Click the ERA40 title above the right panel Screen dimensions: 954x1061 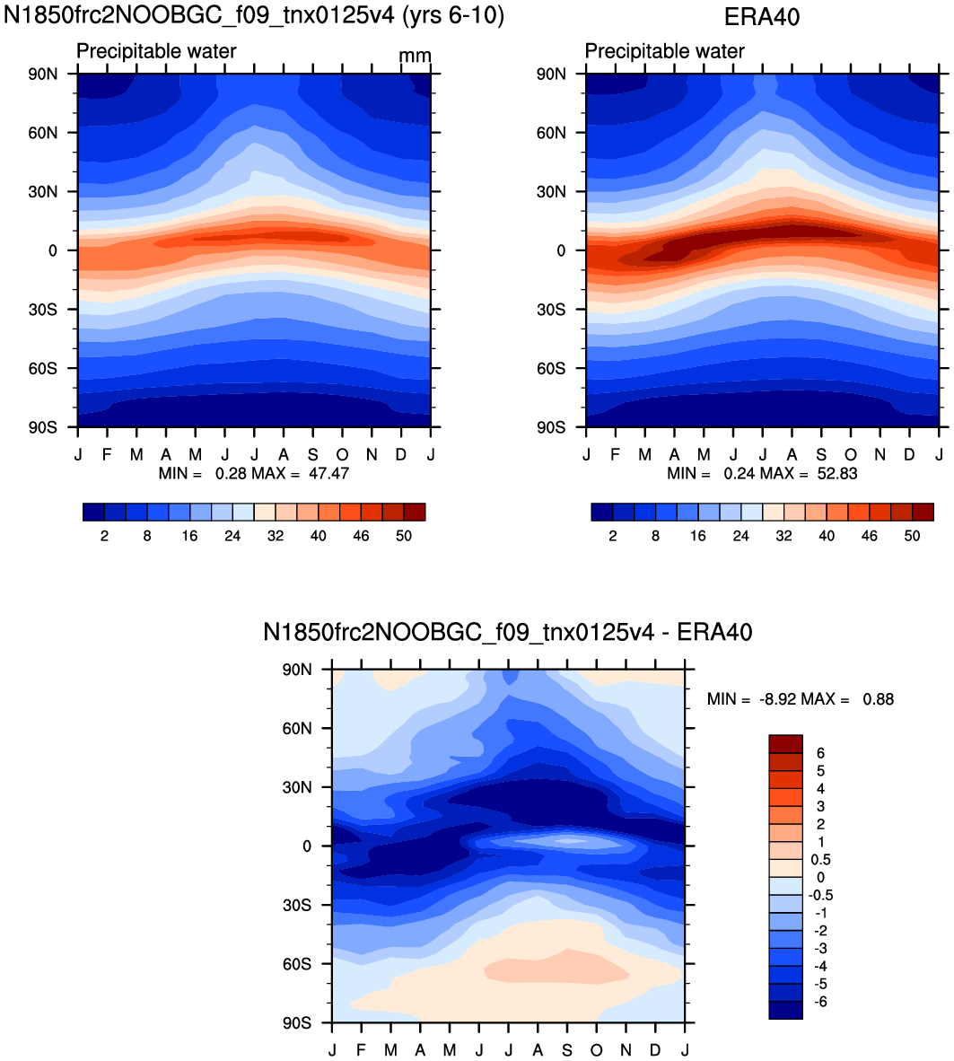762,17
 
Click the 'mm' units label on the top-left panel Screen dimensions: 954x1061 415,56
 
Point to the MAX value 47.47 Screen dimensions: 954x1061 328,474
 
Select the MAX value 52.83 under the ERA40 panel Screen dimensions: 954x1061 837,474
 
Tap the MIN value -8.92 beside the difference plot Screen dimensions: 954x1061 777,699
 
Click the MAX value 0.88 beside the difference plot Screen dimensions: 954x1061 879,699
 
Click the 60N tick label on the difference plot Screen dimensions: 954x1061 297,729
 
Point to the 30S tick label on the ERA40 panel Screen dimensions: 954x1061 551,310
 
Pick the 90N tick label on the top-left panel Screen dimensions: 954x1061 42,75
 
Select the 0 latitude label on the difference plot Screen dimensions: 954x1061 307,846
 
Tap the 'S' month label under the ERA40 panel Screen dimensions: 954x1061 821,455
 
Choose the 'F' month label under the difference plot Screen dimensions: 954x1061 362,1050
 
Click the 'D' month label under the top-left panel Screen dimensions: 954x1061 401,455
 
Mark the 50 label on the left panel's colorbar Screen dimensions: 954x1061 404,536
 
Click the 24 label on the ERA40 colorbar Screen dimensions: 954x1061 741,536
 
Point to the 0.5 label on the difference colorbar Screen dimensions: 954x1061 820,860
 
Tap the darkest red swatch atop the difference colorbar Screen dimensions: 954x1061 785,743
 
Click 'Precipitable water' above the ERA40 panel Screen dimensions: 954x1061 664,51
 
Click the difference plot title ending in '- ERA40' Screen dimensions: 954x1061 507,632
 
